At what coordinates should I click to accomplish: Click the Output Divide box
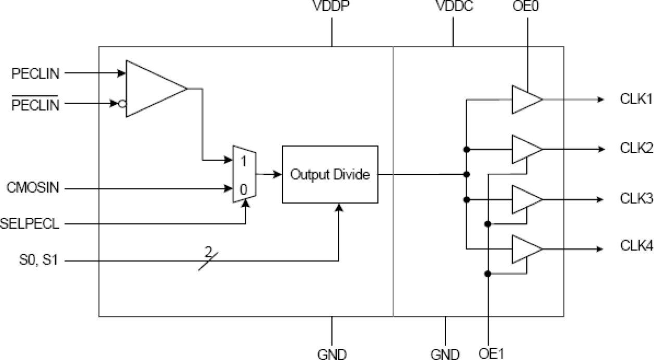pos(330,175)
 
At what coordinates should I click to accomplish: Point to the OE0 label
pos(527,7)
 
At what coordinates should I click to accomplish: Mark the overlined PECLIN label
pos(35,104)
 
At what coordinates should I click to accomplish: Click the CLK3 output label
pos(636,199)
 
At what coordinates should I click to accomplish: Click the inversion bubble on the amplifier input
pos(122,104)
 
